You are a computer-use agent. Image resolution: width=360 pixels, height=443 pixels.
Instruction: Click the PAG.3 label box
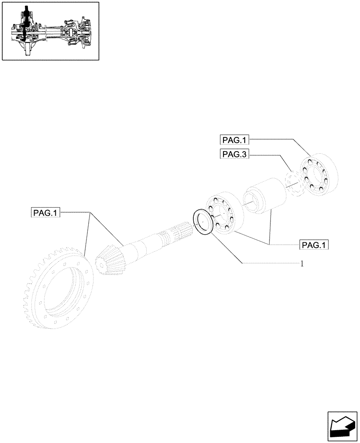point(235,154)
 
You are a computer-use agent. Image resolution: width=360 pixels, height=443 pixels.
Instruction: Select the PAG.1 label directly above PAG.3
point(235,140)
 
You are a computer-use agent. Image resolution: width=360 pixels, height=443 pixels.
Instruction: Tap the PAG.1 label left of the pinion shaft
point(46,213)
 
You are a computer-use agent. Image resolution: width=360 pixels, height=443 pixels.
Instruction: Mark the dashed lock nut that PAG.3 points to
point(293,183)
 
